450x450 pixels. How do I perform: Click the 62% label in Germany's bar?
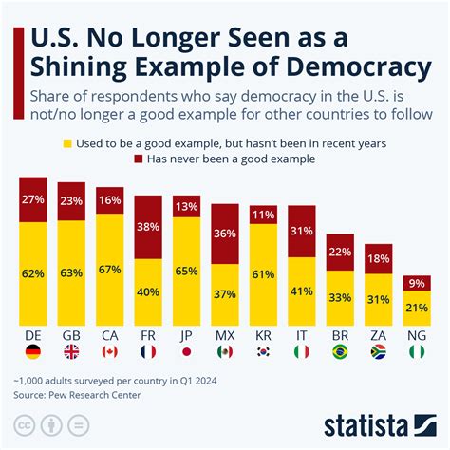33,272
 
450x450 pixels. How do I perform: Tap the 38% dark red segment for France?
147,228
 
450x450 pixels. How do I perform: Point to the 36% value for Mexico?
224,234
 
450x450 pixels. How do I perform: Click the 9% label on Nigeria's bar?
416,282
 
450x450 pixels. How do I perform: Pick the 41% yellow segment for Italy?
301,291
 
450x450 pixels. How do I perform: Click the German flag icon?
33,351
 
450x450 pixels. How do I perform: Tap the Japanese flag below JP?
186,351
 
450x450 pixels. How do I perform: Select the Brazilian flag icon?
339,351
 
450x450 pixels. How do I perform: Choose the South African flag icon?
378,351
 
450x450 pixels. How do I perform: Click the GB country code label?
71,335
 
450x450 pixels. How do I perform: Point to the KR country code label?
263,335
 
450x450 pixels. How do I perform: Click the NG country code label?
416,335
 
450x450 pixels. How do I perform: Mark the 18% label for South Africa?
378,258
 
